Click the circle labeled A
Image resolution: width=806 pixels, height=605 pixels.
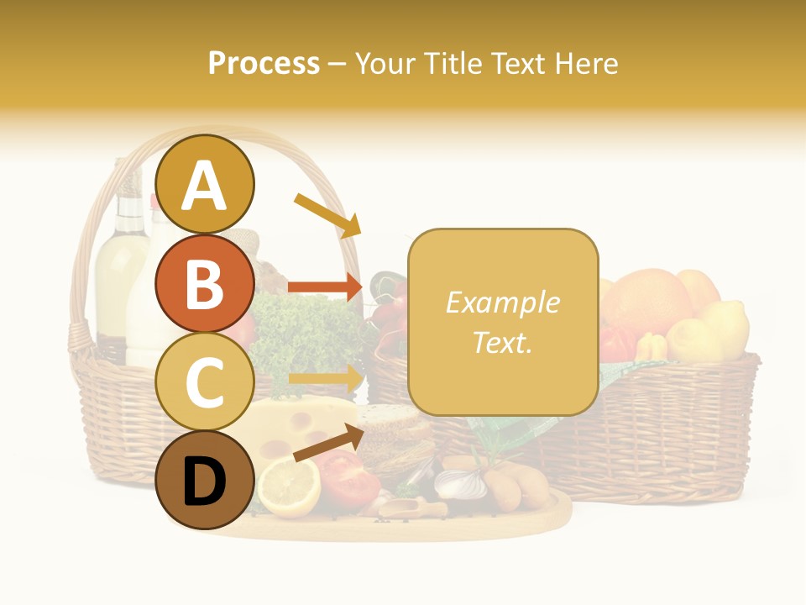pos(205,184)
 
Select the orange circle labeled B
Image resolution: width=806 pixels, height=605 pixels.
pos(205,284)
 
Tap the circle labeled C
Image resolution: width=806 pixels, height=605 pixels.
pos(205,381)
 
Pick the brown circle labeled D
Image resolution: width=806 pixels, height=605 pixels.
pos(205,481)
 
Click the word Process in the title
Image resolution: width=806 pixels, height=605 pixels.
pos(264,63)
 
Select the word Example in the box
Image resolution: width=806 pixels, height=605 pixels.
pos(502,302)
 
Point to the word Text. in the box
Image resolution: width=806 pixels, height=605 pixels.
pos(502,342)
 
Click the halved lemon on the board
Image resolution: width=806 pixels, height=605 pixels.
pos(289,487)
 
